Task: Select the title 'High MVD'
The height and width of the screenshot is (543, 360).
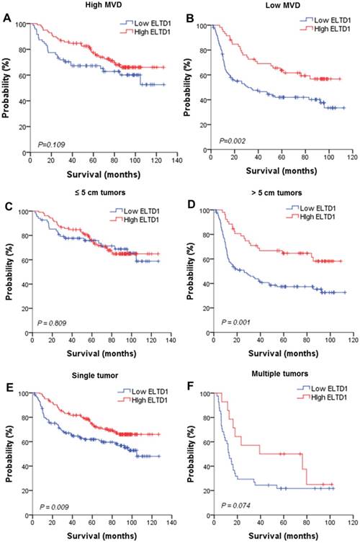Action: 92,6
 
